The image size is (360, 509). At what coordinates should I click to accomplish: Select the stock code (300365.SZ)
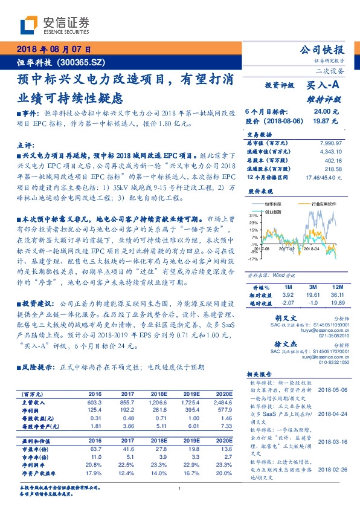82,62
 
